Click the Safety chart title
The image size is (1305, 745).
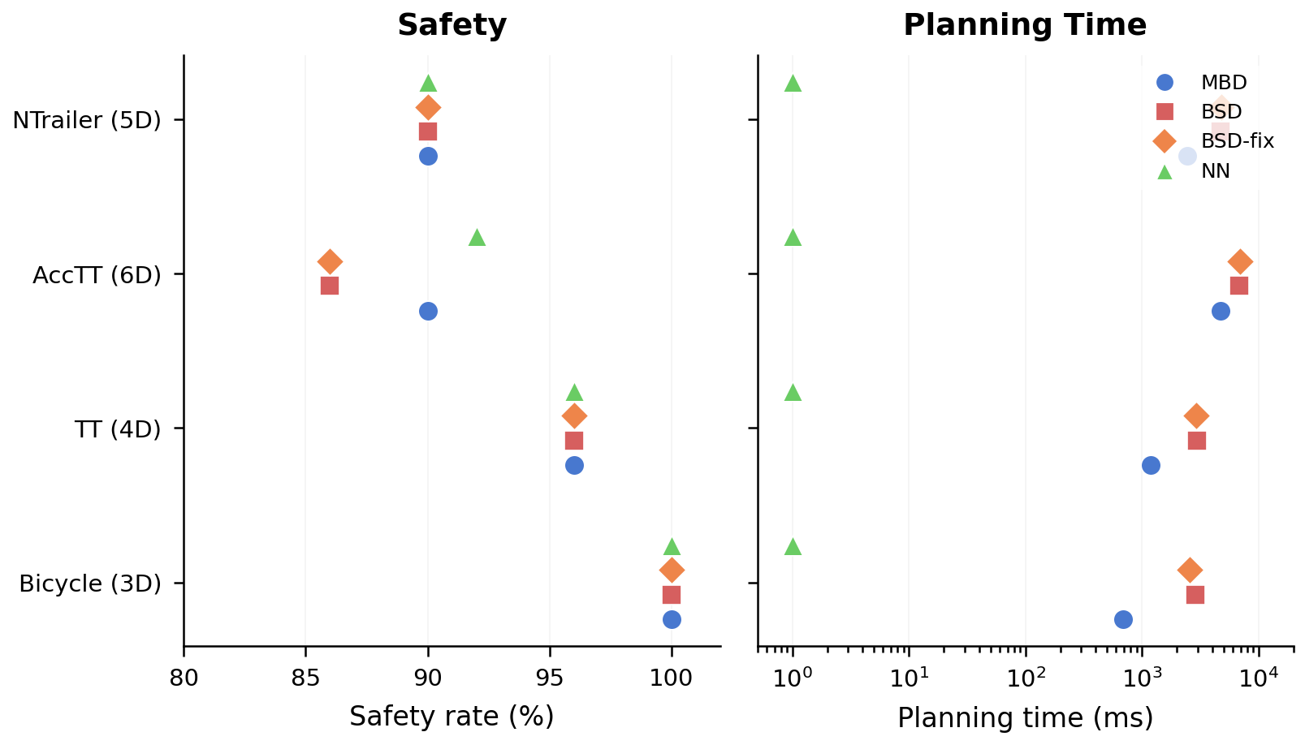452,25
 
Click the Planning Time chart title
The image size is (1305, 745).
1024,25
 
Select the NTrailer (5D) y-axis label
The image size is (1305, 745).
87,120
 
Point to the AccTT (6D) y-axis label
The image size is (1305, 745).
97,275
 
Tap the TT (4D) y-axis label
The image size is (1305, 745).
118,429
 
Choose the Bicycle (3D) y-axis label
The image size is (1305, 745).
90,584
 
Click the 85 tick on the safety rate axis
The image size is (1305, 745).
305,678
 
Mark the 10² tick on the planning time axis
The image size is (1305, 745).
1025,678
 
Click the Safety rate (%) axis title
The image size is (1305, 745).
452,717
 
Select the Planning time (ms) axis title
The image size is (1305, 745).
1025,717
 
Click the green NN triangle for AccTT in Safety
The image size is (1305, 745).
477,238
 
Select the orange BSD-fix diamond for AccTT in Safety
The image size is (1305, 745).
330,261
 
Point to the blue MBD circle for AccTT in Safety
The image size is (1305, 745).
428,311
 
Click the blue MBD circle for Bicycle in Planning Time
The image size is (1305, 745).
1123,619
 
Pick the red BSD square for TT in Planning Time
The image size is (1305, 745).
1196,441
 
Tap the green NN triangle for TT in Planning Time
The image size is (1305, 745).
793,393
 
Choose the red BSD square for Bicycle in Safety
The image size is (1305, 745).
671,595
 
